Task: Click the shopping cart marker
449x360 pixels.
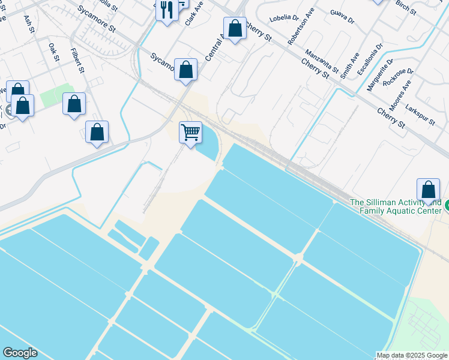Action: tap(190, 132)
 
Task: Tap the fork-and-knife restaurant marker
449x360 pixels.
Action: tap(167, 10)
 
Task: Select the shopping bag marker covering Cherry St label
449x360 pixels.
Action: tap(235, 28)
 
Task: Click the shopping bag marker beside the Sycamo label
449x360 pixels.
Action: tap(186, 69)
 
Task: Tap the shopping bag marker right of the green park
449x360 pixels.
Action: tap(74, 104)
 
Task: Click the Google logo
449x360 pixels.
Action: tap(20, 353)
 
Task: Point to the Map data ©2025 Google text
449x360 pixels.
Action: tap(412, 355)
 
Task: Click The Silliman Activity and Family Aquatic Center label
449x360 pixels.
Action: tap(396, 207)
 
